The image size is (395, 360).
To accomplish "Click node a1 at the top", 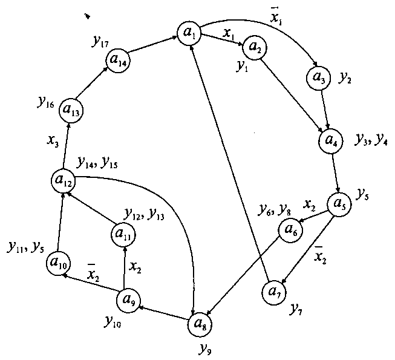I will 189,32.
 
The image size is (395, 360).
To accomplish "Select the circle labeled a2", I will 255,46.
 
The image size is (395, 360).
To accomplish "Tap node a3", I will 318,77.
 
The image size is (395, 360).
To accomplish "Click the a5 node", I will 339,203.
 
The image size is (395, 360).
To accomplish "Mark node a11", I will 123,233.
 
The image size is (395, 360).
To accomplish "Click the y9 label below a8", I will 206,348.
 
